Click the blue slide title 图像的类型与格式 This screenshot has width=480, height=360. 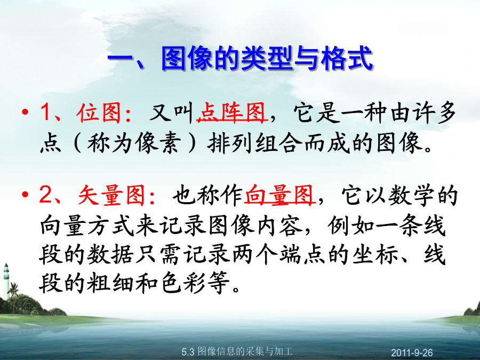click(x=267, y=58)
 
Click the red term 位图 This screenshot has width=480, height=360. click(x=99, y=113)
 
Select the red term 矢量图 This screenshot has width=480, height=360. click(x=112, y=195)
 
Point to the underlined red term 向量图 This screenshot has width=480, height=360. click(x=279, y=195)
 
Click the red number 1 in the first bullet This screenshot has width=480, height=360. click(x=46, y=113)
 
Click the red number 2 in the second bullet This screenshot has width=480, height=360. click(x=46, y=195)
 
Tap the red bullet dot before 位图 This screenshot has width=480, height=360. click(x=25, y=112)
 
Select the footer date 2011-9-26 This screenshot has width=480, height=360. click(x=412, y=353)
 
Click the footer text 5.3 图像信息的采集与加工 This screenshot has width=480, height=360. click(x=237, y=351)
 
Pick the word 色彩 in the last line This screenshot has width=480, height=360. click(x=183, y=283)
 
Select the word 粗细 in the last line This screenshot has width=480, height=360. click(x=110, y=283)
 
